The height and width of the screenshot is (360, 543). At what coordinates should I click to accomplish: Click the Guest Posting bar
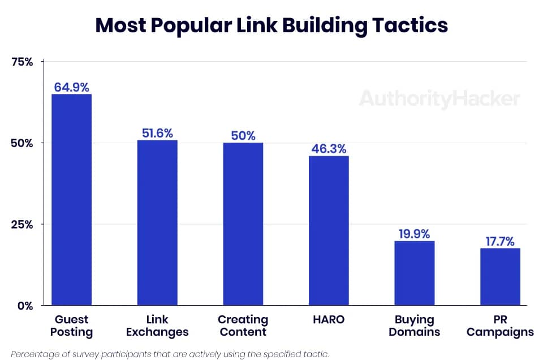tap(71, 200)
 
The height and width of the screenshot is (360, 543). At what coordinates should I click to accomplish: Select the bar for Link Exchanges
tap(157, 222)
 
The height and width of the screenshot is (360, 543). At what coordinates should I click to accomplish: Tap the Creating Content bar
tap(243, 224)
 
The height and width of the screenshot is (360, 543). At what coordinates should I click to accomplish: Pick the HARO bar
tap(329, 230)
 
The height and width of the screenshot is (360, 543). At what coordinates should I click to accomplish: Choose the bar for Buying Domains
tap(415, 273)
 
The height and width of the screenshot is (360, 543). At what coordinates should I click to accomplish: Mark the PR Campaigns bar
tap(500, 277)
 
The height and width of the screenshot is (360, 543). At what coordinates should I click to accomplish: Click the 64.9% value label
tap(71, 87)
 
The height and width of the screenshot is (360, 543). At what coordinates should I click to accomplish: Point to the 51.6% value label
tap(157, 133)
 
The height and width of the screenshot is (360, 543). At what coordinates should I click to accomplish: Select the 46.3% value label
tap(329, 149)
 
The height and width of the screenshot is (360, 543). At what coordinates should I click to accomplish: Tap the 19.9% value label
tap(415, 234)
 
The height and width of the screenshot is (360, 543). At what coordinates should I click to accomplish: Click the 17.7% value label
tap(500, 241)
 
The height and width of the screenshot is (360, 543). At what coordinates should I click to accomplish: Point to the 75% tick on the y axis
tap(23, 62)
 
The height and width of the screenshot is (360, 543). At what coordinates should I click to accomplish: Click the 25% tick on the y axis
tap(23, 224)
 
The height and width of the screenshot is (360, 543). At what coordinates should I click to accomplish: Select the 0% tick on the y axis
tap(25, 306)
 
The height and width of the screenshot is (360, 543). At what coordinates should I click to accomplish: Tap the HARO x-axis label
tap(329, 320)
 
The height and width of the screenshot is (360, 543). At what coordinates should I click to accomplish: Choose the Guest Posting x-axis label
tap(71, 326)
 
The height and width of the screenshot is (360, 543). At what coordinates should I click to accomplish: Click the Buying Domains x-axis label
tap(415, 326)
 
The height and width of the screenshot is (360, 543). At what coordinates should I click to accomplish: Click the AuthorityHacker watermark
tap(439, 100)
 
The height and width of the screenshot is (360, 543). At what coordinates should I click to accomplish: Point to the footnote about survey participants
tap(170, 354)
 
